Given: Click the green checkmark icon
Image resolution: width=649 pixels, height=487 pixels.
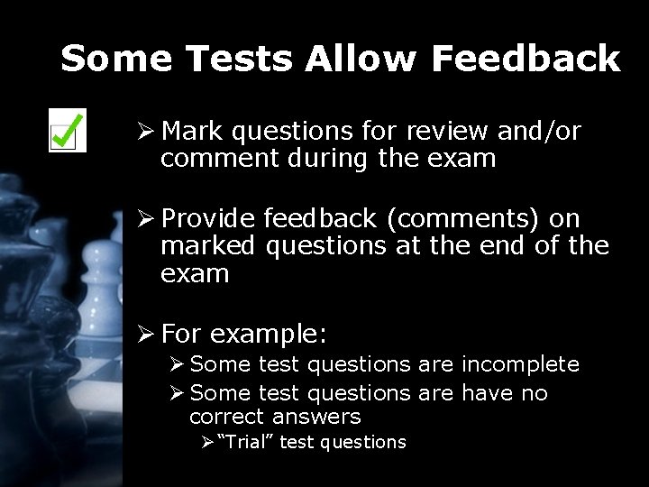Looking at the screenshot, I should pyautogui.click(x=67, y=131).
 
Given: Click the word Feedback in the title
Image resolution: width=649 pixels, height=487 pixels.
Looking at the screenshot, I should pyautogui.click(x=526, y=60).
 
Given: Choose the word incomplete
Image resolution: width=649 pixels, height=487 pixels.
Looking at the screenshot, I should pyautogui.click(x=520, y=364).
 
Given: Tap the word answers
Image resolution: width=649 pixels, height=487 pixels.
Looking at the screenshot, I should pyautogui.click(x=316, y=417).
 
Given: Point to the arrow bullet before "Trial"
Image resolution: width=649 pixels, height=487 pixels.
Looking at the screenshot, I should pyautogui.click(x=206, y=442).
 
